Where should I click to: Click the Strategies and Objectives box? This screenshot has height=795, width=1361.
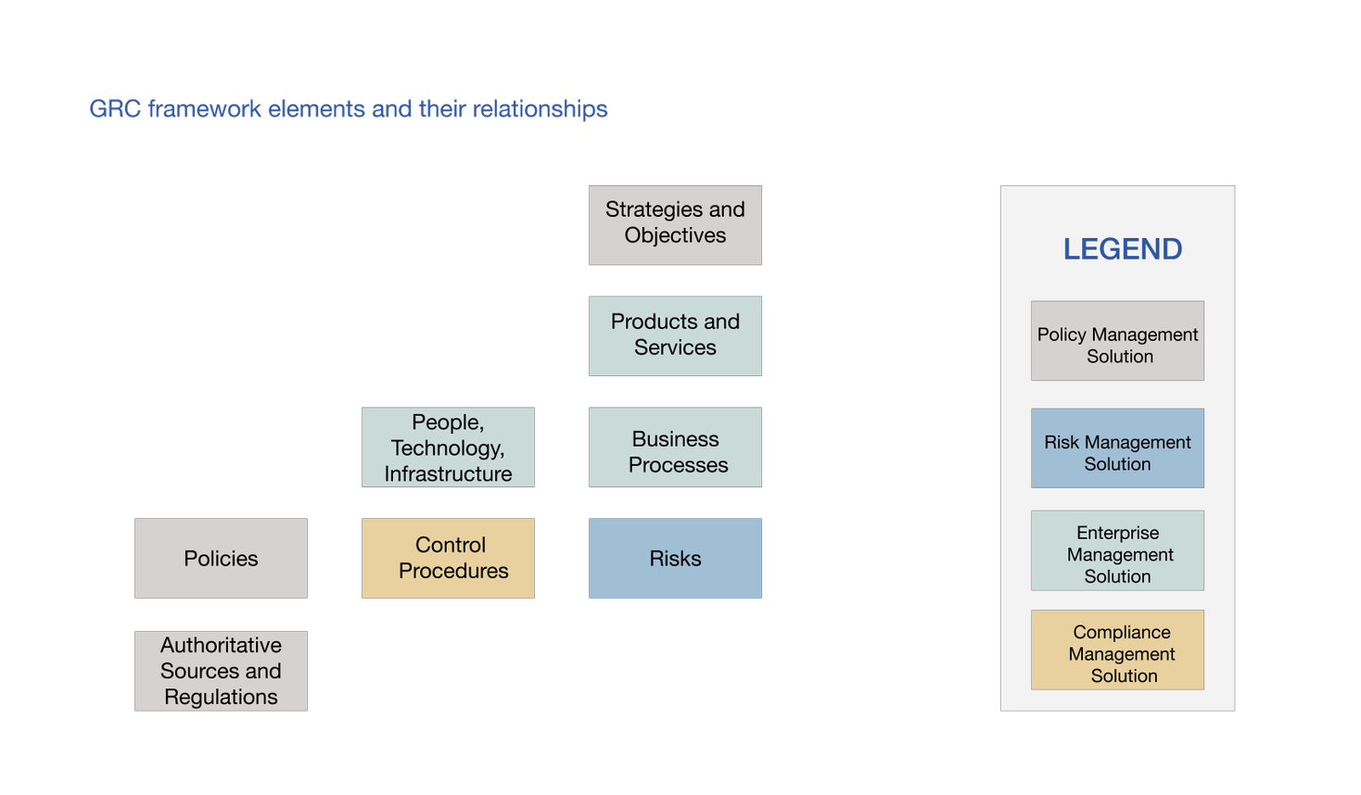coord(675,225)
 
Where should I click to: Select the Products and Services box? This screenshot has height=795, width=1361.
coord(675,335)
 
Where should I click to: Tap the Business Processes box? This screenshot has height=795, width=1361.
coord(675,447)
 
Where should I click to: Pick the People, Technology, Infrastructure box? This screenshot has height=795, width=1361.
coord(449,447)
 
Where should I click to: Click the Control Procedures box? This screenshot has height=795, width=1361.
coord(449,558)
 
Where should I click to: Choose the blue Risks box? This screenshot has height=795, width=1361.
coord(675,558)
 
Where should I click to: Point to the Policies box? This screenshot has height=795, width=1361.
coord(222,558)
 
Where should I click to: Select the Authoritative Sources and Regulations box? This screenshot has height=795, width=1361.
coord(222,671)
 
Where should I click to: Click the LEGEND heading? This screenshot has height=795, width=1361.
coord(1122,249)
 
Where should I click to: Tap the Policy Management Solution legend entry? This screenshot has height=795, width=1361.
coord(1117,341)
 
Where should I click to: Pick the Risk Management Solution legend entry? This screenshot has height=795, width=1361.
coord(1117,448)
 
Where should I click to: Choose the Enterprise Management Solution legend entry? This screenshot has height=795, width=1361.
coord(1117,551)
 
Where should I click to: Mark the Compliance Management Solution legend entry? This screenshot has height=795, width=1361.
coord(1117,650)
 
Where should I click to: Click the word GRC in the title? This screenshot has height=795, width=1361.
coord(115,109)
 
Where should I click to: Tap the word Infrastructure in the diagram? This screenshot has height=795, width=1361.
coord(449,473)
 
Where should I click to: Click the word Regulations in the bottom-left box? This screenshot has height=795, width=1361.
coord(222,697)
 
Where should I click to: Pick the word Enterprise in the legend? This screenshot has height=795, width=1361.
coord(1118,533)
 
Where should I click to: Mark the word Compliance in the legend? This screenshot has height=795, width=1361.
coord(1122,632)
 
